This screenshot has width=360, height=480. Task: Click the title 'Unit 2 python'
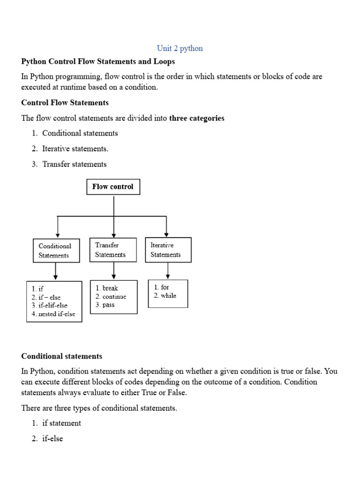coord(180,48)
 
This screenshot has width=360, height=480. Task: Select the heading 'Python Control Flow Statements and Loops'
coord(98,61)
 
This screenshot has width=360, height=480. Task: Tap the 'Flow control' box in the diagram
coord(113,187)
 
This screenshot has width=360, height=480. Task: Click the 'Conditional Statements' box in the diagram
coord(55,251)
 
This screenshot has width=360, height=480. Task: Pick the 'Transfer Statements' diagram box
coord(113,250)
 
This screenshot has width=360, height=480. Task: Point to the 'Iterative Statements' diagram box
coord(168,250)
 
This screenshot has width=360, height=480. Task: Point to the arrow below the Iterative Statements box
coord(168,270)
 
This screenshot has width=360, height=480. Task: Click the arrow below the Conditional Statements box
coord(56,271)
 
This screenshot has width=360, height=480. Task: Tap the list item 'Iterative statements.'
coord(75,149)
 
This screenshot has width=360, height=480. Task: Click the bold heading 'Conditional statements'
coord(61,356)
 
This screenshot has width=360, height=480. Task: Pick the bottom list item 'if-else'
coord(52,439)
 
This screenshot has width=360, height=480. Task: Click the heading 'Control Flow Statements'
coord(65,103)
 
